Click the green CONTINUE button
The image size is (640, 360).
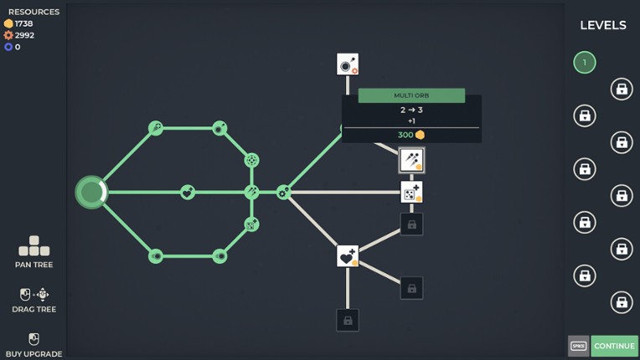pyautogui.click(x=614, y=346)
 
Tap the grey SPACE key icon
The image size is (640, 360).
pyautogui.click(x=578, y=346)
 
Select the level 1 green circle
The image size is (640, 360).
pyautogui.click(x=585, y=63)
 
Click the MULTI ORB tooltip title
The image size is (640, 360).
pyautogui.click(x=411, y=95)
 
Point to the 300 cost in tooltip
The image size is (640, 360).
pyautogui.click(x=405, y=135)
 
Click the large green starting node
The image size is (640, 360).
pyautogui.click(x=91, y=192)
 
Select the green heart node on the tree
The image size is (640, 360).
pyautogui.click(x=188, y=192)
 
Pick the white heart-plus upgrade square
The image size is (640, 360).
pyautogui.click(x=348, y=256)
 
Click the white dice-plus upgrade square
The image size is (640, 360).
pyautogui.click(x=411, y=192)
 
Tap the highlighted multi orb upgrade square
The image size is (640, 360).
pyautogui.click(x=411, y=160)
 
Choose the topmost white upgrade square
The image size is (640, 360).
pyautogui.click(x=348, y=64)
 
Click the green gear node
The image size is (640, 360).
pyautogui.click(x=284, y=192)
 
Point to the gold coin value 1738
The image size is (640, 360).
pyautogui.click(x=23, y=23)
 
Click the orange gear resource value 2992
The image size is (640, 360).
pyautogui.click(x=24, y=35)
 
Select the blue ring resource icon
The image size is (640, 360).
pyautogui.click(x=8, y=47)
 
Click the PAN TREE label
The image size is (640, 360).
pyautogui.click(x=34, y=265)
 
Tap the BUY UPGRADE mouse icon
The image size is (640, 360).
pyautogui.click(x=34, y=339)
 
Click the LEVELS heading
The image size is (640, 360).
pyautogui.click(x=603, y=25)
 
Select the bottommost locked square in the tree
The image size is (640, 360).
pyautogui.click(x=348, y=320)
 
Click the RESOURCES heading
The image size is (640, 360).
pyautogui.click(x=34, y=12)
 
